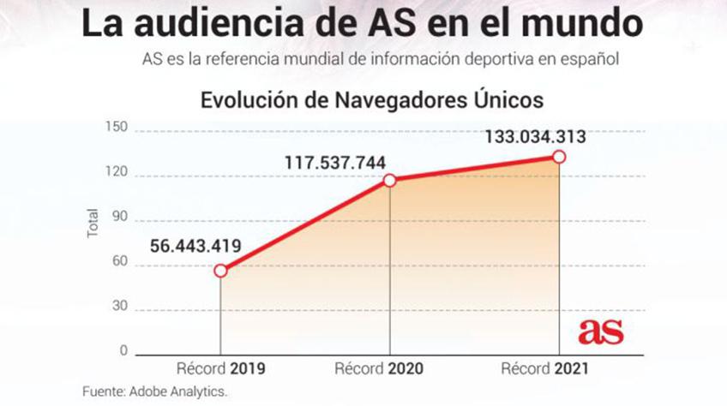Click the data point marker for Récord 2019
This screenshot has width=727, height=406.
220,271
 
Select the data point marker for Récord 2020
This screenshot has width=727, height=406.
389,180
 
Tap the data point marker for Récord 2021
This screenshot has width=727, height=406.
559,157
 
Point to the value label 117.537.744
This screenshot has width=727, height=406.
335,161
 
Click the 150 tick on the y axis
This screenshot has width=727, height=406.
117,128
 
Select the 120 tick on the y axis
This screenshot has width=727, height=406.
117,173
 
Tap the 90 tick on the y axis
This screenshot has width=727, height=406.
119,218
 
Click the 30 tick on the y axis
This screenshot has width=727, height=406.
119,307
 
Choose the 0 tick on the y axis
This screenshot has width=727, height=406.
123,352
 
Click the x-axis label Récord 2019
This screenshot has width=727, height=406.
220,370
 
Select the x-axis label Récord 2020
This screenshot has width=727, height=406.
389,370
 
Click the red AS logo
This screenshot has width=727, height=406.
601,332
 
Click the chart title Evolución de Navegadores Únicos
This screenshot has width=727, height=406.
372,99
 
